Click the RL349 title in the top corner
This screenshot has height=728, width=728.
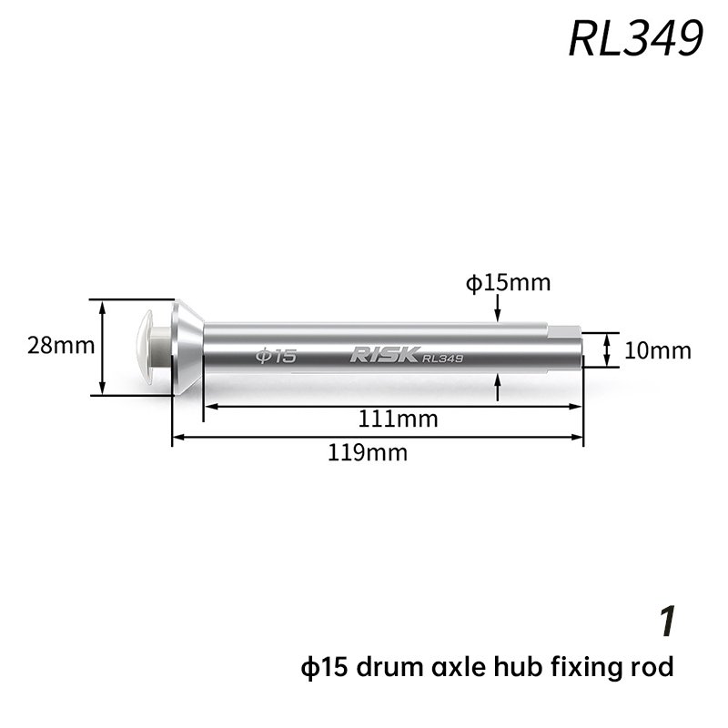tap(635, 38)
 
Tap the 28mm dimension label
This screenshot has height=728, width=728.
tap(61, 346)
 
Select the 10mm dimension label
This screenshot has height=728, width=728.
tap(657, 350)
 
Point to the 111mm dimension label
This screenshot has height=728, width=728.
tap(398, 420)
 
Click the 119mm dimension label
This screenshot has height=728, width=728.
tap(368, 452)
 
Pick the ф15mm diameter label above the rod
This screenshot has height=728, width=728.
tap(509, 283)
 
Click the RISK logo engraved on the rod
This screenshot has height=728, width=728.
tap(385, 354)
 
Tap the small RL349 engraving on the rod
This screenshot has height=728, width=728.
tap(442, 358)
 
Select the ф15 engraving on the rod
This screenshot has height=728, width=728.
tap(276, 356)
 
